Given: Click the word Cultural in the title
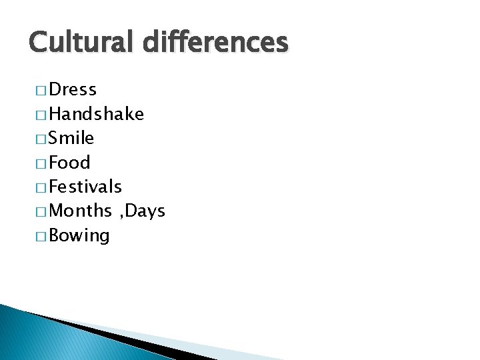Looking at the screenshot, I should pyautogui.click(x=74, y=42).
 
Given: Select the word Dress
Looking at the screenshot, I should pyautogui.click(x=73, y=89).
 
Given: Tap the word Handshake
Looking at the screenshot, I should pyautogui.click(x=97, y=114).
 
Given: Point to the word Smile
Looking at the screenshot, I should pyautogui.click(x=72, y=138).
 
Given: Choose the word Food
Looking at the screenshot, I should pyautogui.click(x=70, y=163).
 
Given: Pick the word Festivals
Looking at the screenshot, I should pyautogui.click(x=85, y=187).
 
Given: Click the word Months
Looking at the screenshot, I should pyautogui.click(x=81, y=211).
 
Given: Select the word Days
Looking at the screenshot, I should pyautogui.click(x=145, y=211).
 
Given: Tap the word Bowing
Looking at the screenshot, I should pyautogui.click(x=79, y=235).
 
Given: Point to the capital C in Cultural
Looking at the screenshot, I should pyautogui.click(x=39, y=42).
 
